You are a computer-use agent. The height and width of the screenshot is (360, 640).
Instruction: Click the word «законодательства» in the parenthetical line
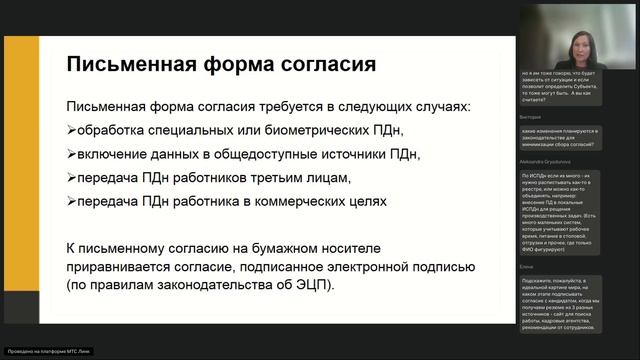pos(222,286)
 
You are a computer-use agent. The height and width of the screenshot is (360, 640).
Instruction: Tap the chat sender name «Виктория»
pos(531,117)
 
